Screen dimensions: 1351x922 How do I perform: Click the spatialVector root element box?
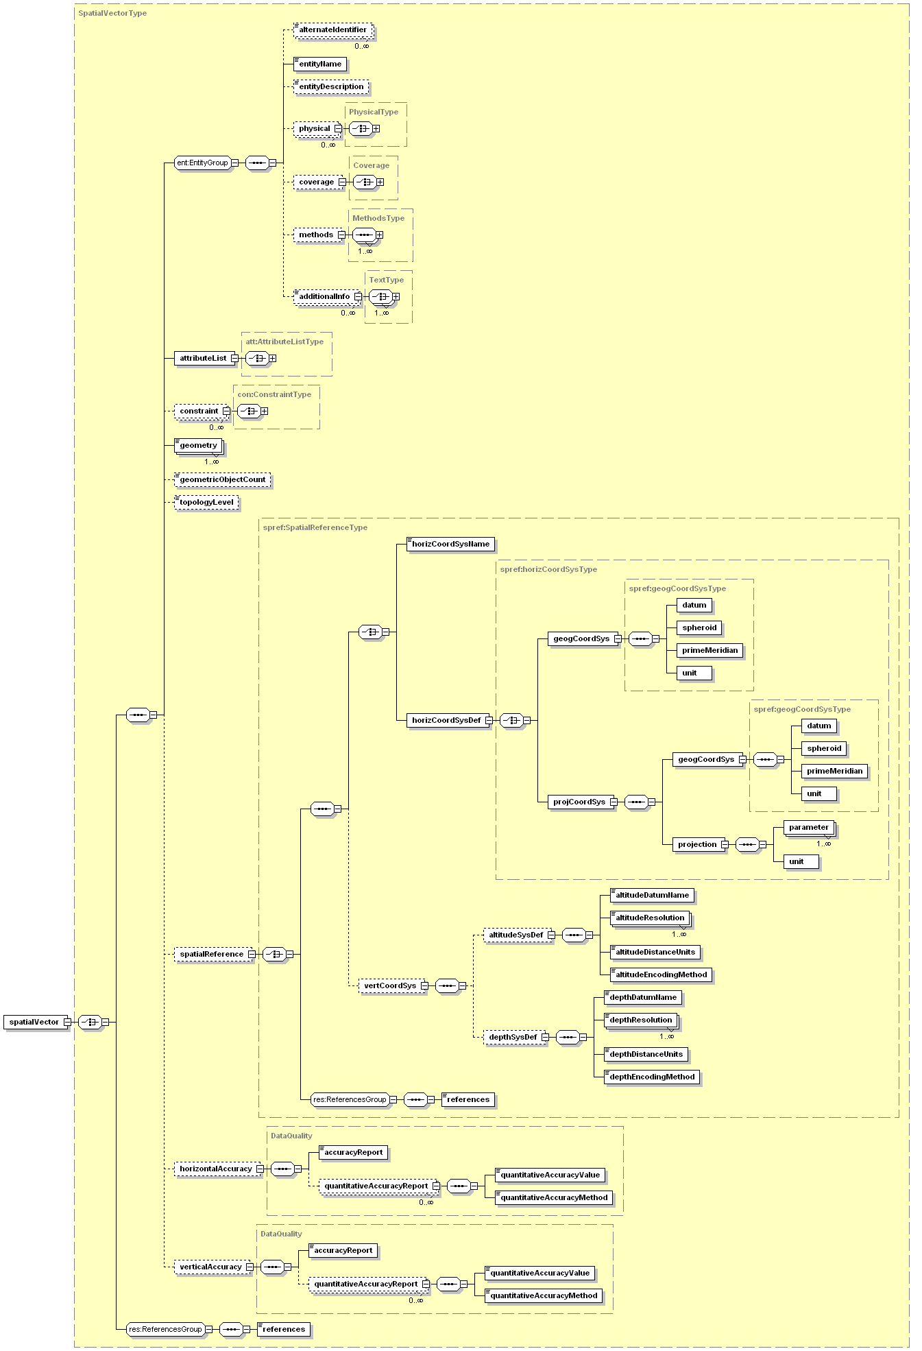[x=34, y=1022]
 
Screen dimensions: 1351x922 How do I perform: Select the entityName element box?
[x=320, y=64]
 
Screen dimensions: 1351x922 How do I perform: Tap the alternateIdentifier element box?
[x=333, y=30]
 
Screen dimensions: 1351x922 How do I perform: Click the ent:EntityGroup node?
[x=202, y=163]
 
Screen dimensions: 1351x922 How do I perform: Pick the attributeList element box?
[x=203, y=358]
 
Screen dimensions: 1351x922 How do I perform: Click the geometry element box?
[x=198, y=446]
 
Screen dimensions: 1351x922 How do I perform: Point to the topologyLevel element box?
[x=206, y=502]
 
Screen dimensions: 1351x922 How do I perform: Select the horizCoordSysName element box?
[x=450, y=545]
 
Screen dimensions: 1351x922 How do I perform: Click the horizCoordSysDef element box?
[x=446, y=720]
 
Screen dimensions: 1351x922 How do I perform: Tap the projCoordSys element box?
[x=579, y=802]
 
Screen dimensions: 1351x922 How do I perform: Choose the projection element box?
[x=697, y=844]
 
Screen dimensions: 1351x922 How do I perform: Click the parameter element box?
[x=808, y=828]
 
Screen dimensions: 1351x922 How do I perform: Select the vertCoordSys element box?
[x=390, y=985]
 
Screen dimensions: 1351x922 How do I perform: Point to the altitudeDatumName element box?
[x=652, y=895]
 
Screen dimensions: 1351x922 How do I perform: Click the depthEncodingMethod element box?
[x=652, y=1077]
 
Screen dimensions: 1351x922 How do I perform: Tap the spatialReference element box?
[x=212, y=954]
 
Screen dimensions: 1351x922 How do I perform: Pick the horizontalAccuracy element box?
[x=216, y=1169]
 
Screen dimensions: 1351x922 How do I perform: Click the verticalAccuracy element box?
[x=211, y=1267]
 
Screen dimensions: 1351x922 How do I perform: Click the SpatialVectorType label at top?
[x=112, y=13]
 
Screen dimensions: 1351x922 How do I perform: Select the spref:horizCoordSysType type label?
[x=548, y=569]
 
